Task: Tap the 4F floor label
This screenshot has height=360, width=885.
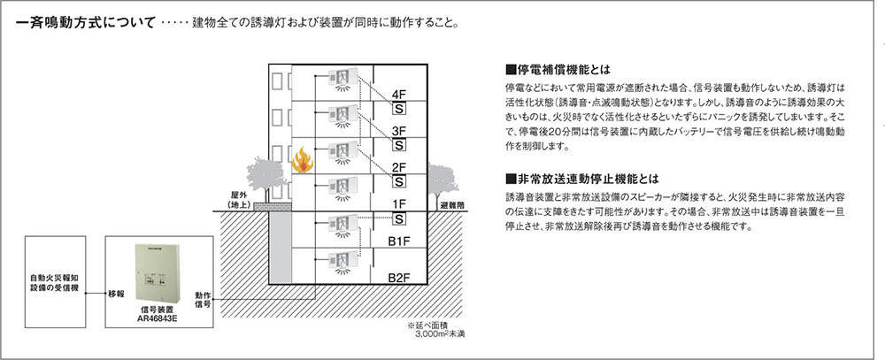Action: pyautogui.click(x=399, y=95)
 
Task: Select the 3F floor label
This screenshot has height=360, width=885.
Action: pyautogui.click(x=399, y=131)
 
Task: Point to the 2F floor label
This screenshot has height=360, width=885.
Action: pyautogui.click(x=399, y=167)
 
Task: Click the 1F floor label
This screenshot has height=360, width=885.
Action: pyautogui.click(x=399, y=203)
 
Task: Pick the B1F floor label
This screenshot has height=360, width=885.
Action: pyautogui.click(x=399, y=240)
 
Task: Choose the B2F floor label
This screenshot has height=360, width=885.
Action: pyautogui.click(x=399, y=278)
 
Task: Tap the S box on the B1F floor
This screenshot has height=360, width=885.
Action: pyautogui.click(x=399, y=218)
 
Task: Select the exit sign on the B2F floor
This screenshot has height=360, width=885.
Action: pyautogui.click(x=341, y=261)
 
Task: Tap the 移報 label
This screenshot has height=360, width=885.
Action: pyautogui.click(x=116, y=293)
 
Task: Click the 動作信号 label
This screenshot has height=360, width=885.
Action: pyautogui.click(x=203, y=300)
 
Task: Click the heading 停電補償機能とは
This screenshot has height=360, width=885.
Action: pyautogui.click(x=558, y=69)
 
